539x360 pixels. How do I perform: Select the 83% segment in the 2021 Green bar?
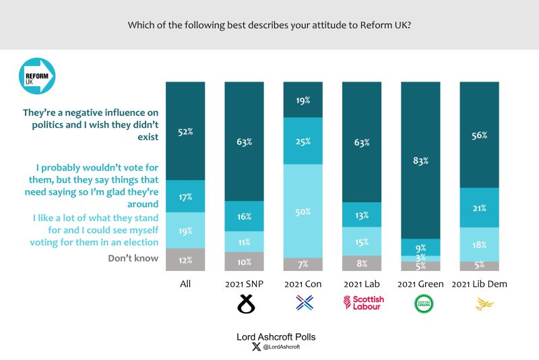[x=420, y=160]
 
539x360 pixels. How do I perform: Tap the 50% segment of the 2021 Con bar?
[x=303, y=211]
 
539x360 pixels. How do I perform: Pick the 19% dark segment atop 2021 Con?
[x=303, y=99]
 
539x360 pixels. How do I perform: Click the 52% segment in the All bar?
[x=185, y=131]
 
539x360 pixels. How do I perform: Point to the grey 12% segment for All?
[x=185, y=260]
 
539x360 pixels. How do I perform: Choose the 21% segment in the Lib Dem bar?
[x=479, y=207]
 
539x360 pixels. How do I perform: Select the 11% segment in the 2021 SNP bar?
[x=244, y=241]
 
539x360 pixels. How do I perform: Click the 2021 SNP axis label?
[x=244, y=284]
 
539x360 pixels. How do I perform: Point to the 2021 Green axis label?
[x=420, y=284]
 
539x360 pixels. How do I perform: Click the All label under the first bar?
[x=185, y=284]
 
